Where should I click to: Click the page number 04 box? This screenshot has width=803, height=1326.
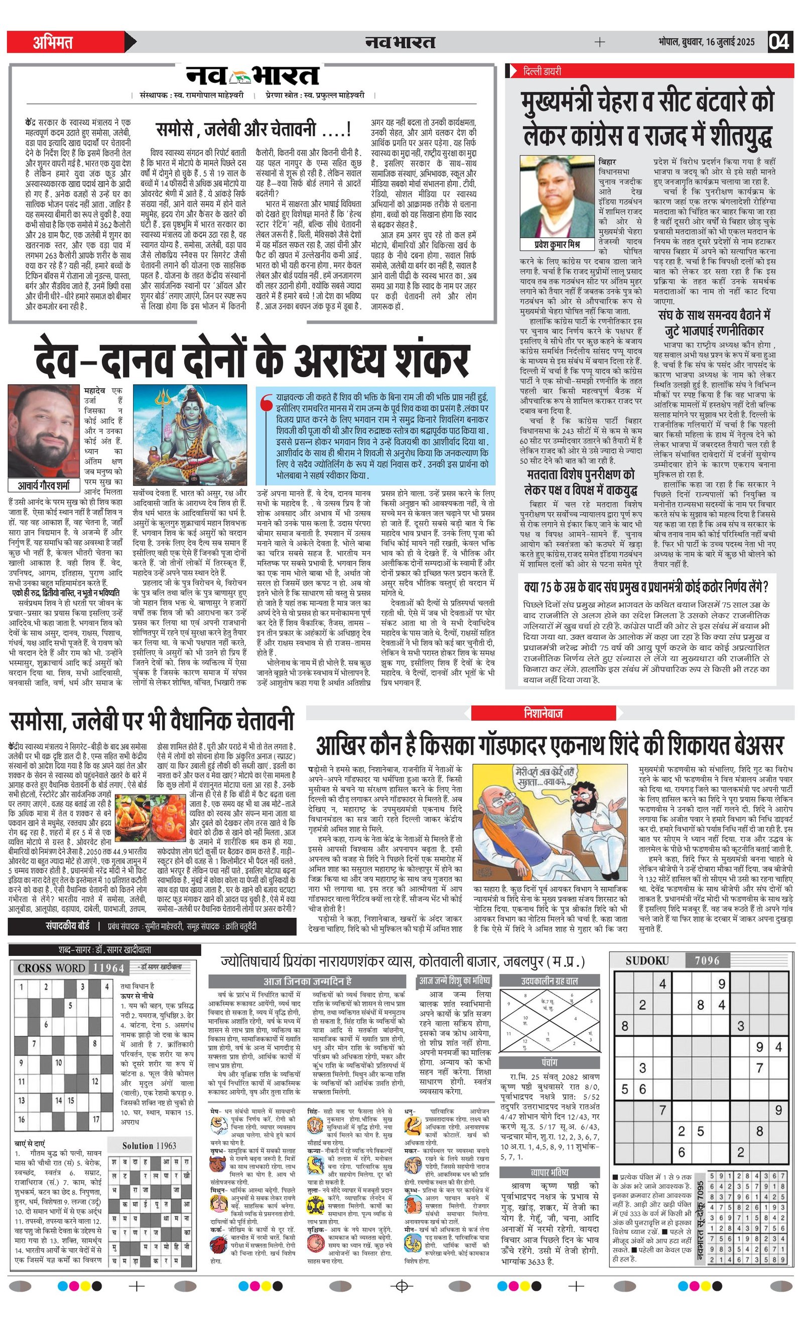779,42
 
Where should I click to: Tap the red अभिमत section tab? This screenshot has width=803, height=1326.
53,42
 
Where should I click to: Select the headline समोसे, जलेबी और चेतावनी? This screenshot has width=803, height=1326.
253,129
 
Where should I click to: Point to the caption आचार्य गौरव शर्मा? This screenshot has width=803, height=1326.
44,485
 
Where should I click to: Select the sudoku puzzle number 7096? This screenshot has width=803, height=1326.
707,960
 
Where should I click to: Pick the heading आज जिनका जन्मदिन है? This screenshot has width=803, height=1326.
307,980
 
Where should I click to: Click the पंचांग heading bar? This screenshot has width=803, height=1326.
550,1062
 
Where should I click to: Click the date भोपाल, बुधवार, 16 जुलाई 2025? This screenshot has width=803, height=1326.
706,42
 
